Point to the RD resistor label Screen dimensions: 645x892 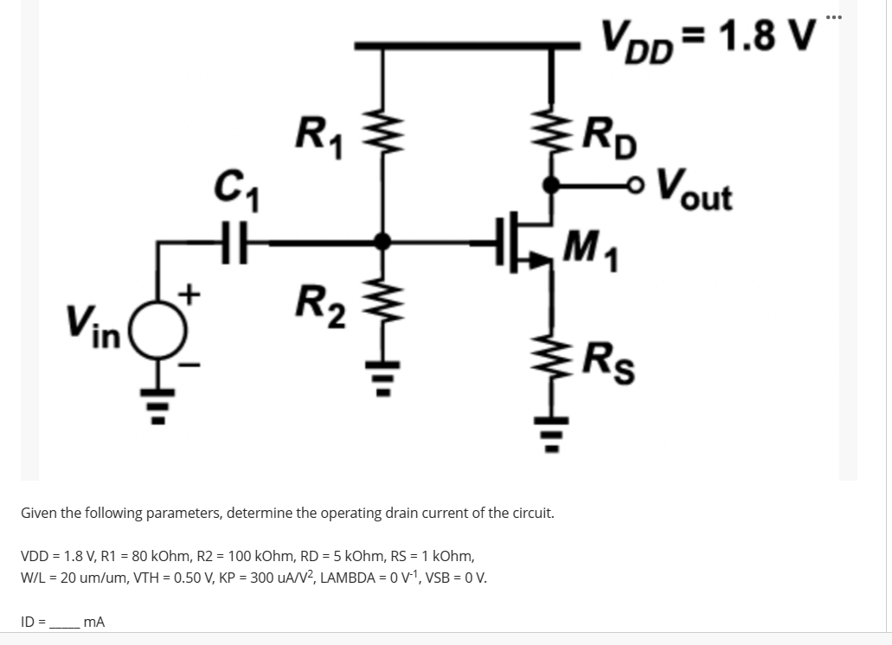pyautogui.click(x=611, y=136)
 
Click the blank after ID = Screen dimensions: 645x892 pyautogui.click(x=64, y=621)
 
